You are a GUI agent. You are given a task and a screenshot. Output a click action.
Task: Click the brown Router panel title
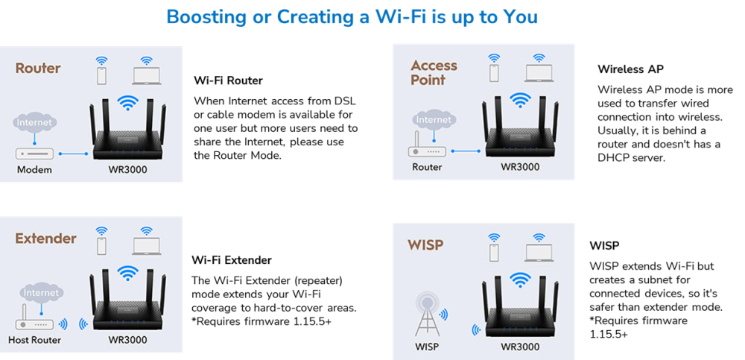click(x=38, y=69)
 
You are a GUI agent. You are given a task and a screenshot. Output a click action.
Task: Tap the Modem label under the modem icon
click(x=34, y=170)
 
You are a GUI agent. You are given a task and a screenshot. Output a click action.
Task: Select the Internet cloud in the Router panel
click(x=34, y=122)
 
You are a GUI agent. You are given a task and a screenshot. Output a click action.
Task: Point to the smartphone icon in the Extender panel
click(x=101, y=245)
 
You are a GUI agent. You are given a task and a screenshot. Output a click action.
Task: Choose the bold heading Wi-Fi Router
click(x=228, y=80)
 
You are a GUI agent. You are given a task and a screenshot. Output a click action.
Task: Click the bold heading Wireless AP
click(x=630, y=69)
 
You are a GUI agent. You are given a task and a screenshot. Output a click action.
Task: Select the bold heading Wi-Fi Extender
click(x=232, y=260)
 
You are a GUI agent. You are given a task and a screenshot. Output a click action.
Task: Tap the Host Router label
click(x=34, y=340)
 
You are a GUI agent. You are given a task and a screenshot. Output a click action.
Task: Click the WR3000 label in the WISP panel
click(x=520, y=347)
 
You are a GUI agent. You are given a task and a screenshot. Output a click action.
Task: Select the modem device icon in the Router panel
click(x=34, y=154)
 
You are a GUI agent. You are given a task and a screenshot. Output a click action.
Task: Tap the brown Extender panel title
click(x=46, y=239)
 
